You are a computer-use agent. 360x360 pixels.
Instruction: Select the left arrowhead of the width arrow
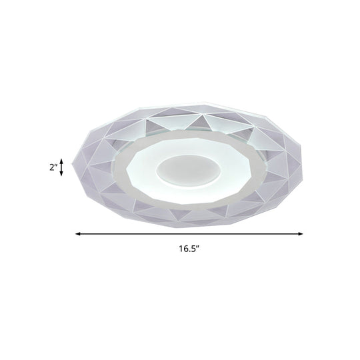pos(77,233)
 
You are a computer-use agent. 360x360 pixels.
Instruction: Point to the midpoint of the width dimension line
pos(189,233)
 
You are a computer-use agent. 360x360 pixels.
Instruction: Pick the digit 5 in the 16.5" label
pos(195,251)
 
